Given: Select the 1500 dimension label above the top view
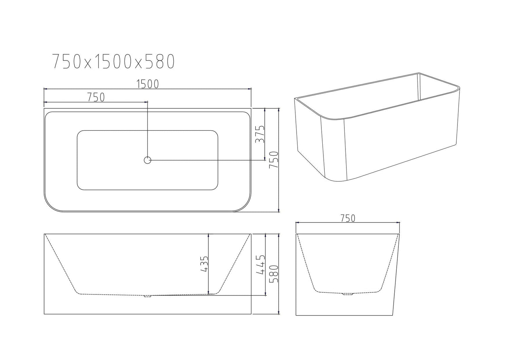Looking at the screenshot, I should [x=147, y=84].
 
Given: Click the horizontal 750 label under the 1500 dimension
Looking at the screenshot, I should [x=96, y=97].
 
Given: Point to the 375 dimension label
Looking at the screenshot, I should [x=260, y=134].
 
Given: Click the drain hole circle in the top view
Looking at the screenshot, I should [x=147, y=160].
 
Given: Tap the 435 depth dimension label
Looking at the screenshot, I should [x=204, y=264].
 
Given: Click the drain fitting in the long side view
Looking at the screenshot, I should [x=147, y=296].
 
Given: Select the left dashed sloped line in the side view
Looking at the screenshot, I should [x=61, y=264].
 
